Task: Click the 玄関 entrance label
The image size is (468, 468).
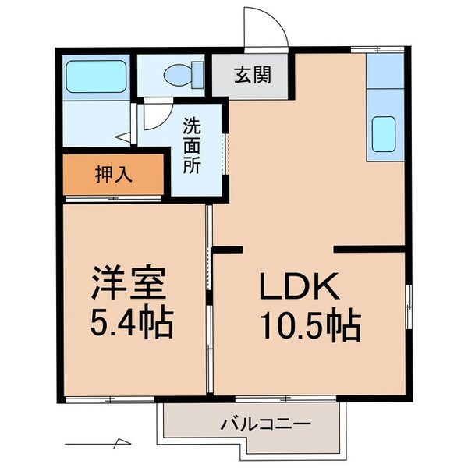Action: (252, 76)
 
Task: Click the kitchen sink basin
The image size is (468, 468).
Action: (385, 134)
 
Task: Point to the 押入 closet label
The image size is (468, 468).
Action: (113, 174)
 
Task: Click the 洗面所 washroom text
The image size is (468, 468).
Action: (192, 145)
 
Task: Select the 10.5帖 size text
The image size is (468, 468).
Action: (310, 325)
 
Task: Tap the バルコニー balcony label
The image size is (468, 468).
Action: (265, 425)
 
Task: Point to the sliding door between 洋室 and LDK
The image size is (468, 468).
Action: (209, 304)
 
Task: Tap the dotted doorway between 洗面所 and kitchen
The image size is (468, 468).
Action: (227, 153)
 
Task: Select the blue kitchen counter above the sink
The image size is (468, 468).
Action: (385, 72)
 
